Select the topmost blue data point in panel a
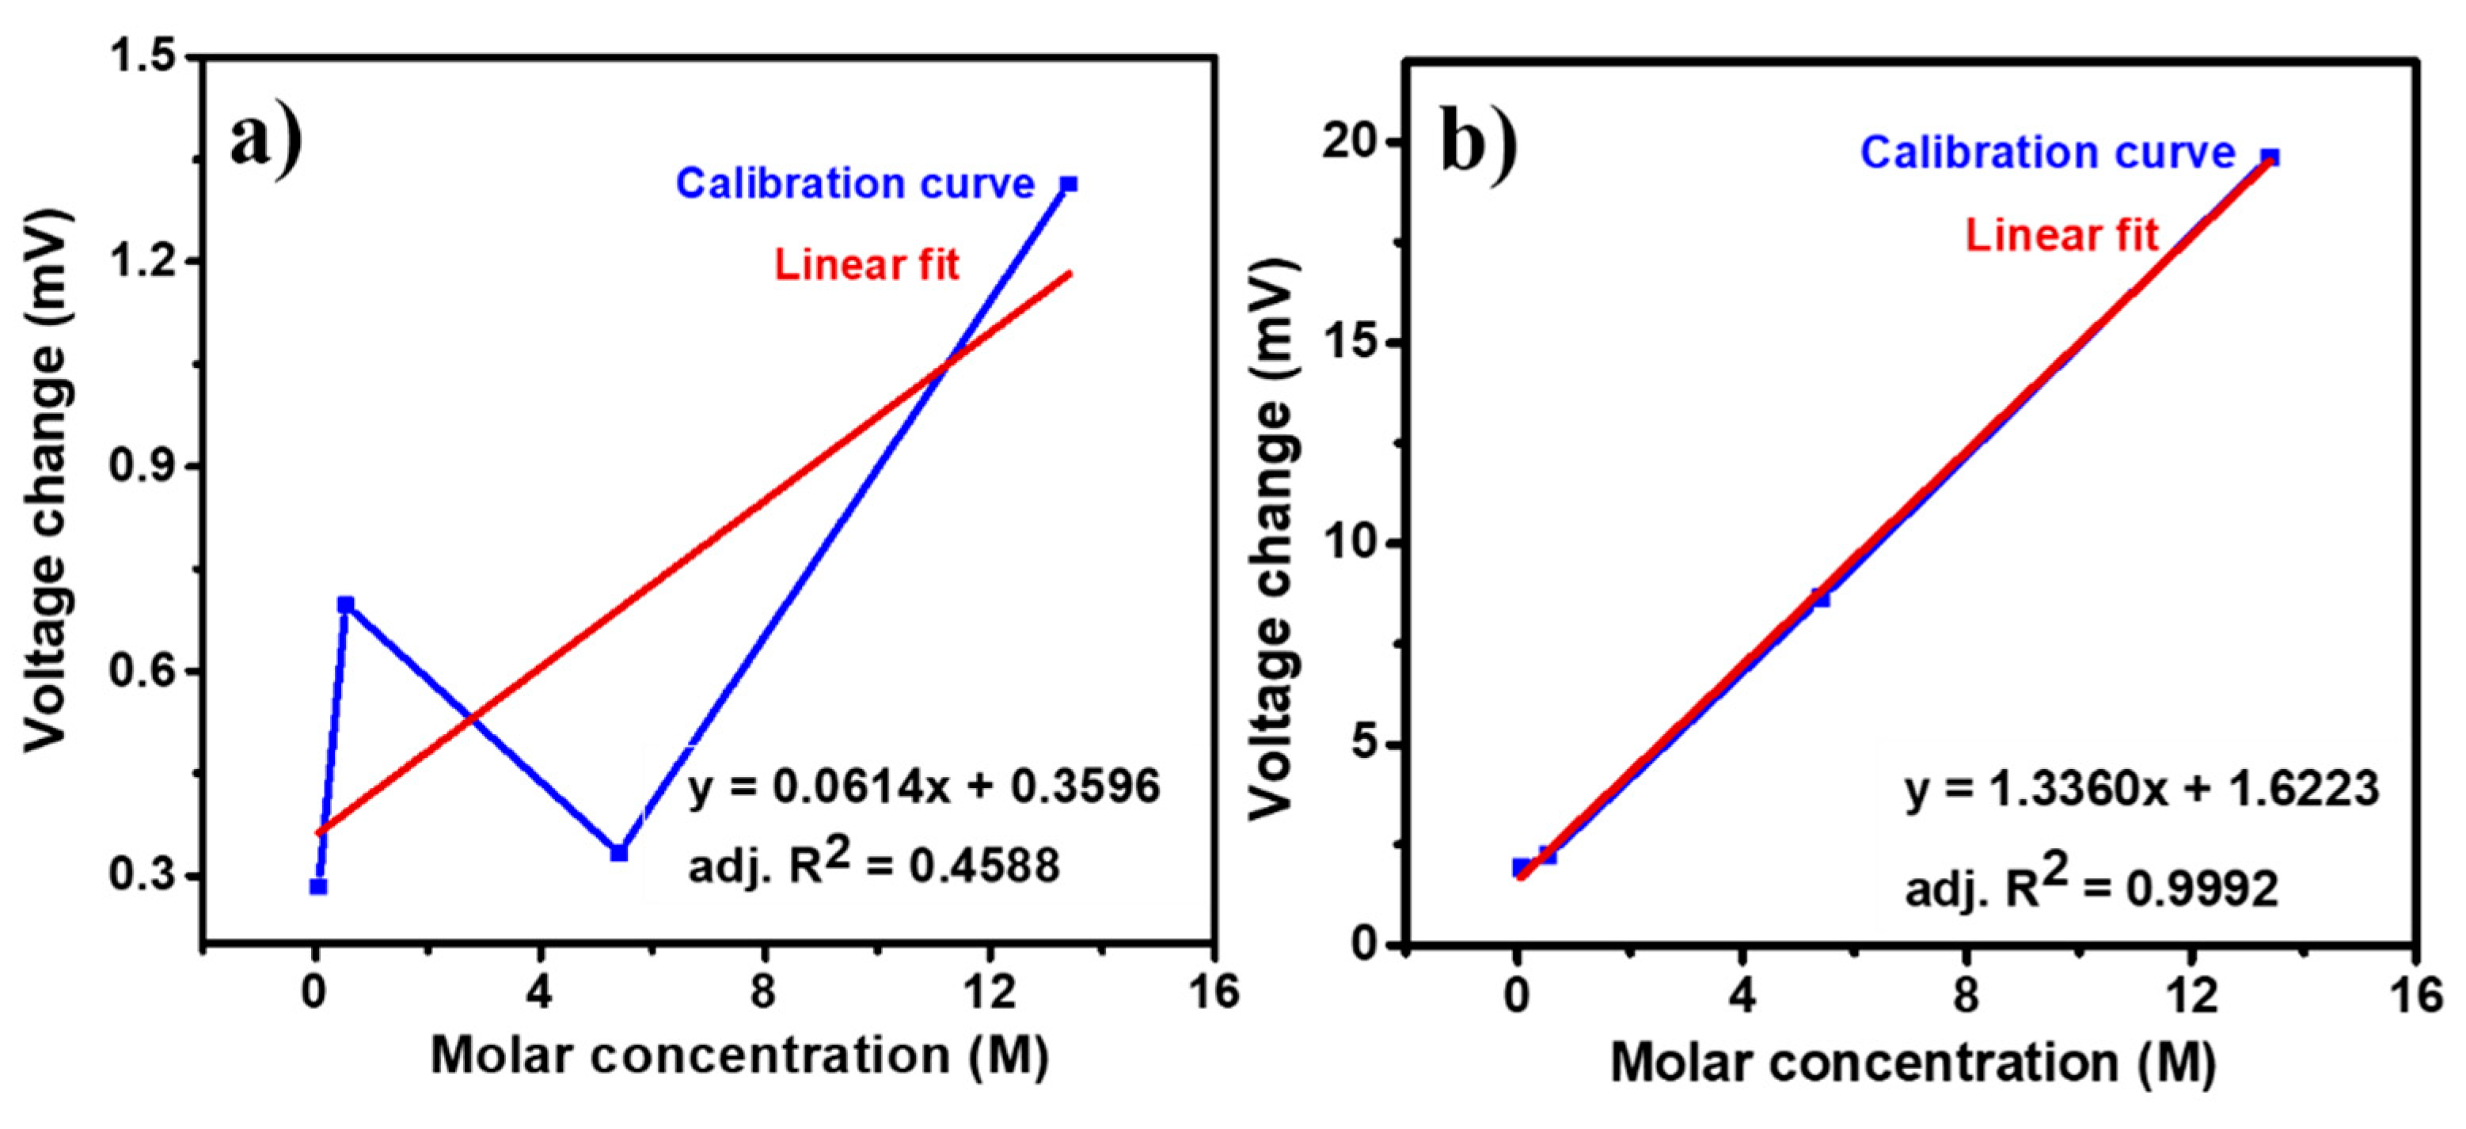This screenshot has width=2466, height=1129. [1070, 184]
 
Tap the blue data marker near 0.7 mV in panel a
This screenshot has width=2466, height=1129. [346, 604]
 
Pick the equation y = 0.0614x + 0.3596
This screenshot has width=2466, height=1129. [923, 786]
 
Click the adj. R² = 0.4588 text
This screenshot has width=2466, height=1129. [873, 864]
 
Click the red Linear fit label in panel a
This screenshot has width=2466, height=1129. [865, 265]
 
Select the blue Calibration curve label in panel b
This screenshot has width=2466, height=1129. [2046, 153]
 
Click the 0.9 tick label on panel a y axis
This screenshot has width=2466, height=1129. [143, 466]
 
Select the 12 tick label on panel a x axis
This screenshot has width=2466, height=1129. [989, 992]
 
